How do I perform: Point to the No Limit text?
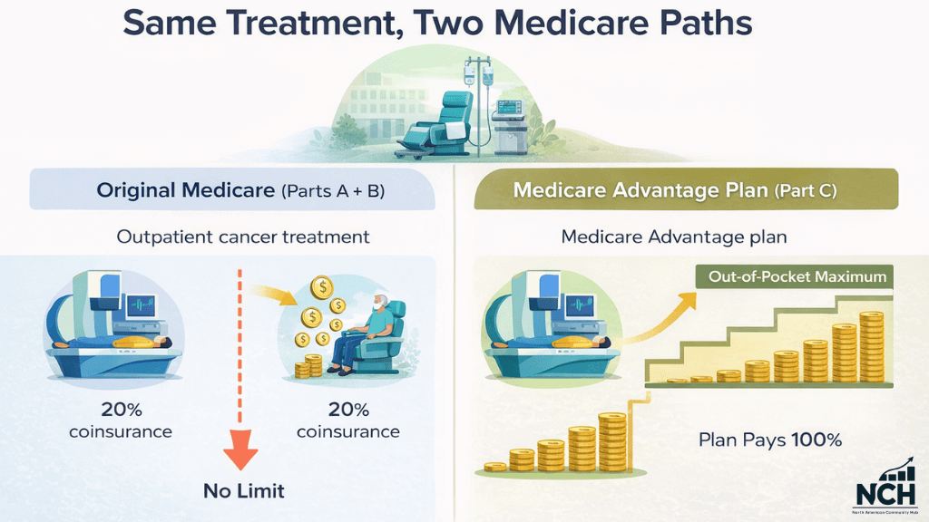click(242, 491)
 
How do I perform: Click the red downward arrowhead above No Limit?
click(241, 451)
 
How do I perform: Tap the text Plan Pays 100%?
click(770, 440)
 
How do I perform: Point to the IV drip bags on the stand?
click(474, 73)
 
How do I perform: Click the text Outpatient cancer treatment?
click(242, 237)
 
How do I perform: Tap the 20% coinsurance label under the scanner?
click(120, 420)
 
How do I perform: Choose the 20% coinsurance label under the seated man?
click(348, 420)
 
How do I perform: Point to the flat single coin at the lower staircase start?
click(495, 467)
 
